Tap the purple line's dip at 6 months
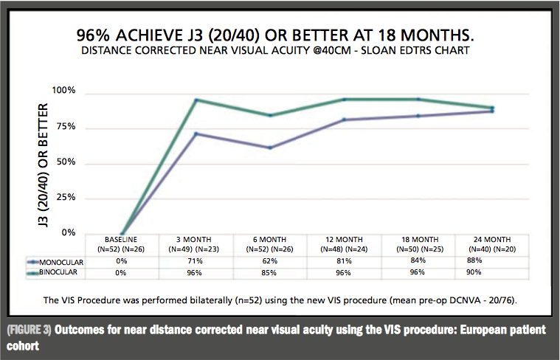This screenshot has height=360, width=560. click(270, 148)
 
